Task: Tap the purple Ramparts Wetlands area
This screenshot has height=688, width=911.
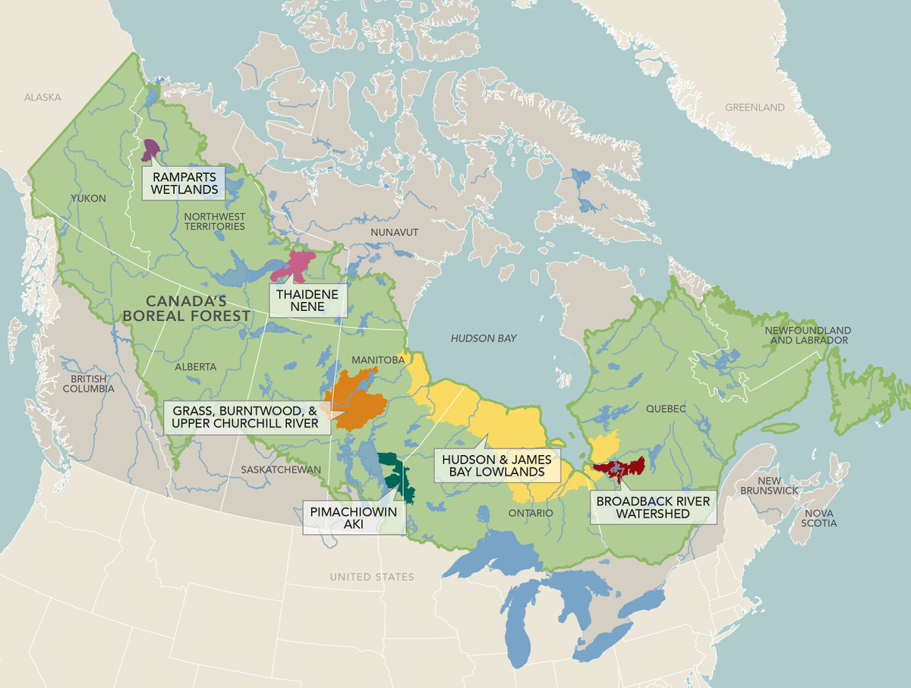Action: [x=150, y=149]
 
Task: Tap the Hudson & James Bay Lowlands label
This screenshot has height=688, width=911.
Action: [x=496, y=466]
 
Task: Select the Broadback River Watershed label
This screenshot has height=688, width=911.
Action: [x=653, y=507]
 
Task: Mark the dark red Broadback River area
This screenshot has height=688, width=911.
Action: [x=619, y=467]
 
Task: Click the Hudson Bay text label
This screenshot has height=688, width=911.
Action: [x=484, y=338]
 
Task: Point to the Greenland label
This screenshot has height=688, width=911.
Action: [x=755, y=108]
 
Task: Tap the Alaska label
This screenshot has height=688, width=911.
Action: [x=42, y=98]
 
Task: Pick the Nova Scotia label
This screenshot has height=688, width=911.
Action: [x=812, y=518]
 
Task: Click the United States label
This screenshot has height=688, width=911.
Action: [x=372, y=577]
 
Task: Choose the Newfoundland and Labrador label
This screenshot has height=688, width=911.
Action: [x=808, y=336]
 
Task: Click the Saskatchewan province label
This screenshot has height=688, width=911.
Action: [x=282, y=470]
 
